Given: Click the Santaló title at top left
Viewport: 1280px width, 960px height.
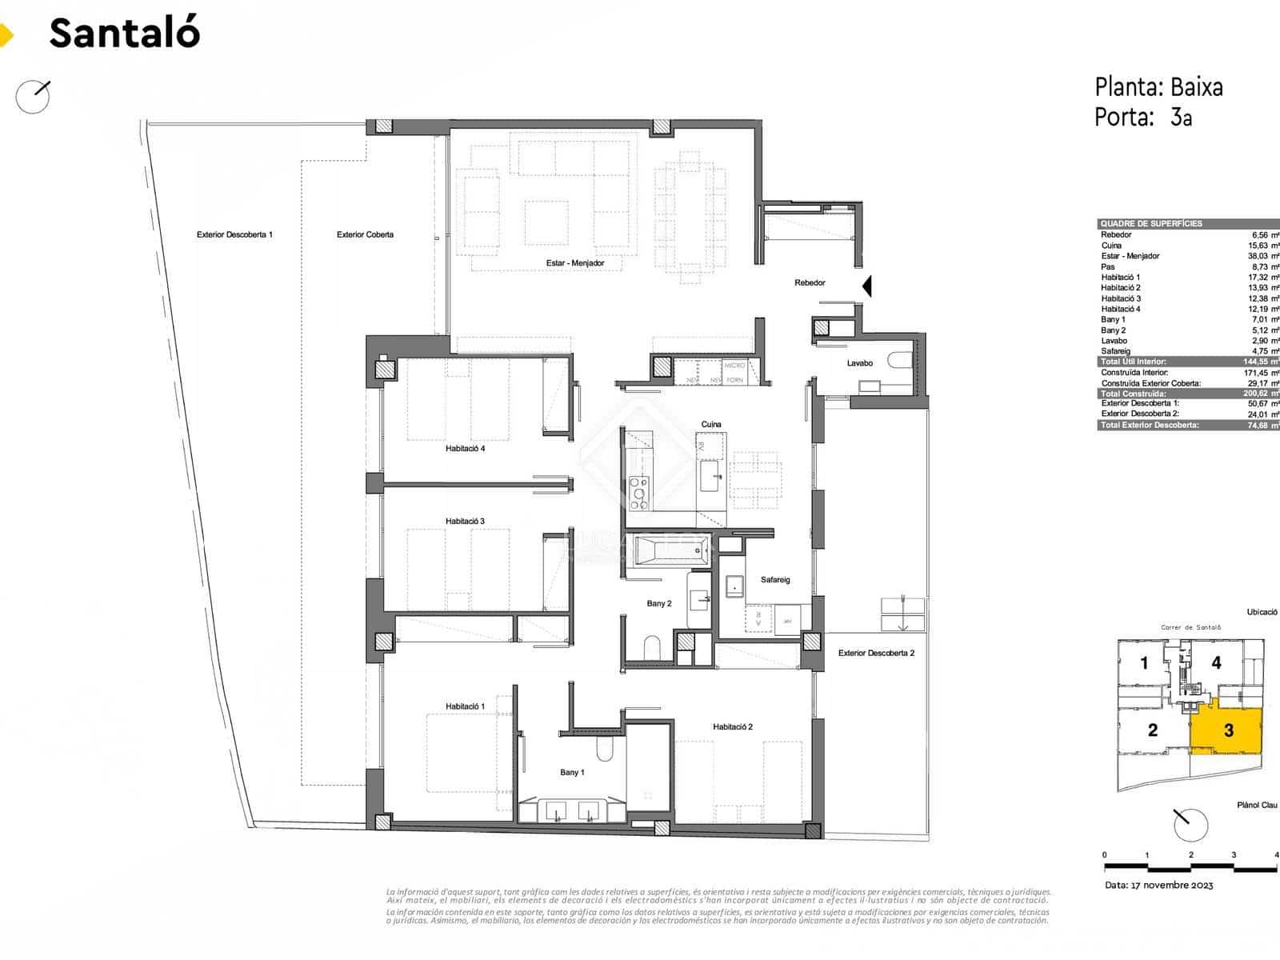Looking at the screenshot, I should [124, 33].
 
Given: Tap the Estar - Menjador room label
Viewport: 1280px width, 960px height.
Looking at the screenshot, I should [574, 263].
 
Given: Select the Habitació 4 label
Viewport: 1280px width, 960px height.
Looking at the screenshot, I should [465, 449].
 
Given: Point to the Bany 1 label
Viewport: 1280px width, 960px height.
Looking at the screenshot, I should [571, 773].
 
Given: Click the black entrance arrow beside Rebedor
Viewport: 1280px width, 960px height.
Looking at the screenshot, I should [866, 286].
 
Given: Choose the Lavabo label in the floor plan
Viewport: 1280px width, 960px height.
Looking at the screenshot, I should [860, 363].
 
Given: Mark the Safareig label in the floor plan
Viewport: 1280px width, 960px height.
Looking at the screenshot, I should [774, 580].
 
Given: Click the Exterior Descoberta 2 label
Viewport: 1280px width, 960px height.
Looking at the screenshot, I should [876, 654].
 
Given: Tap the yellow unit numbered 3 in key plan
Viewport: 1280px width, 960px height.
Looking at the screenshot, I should [1229, 730].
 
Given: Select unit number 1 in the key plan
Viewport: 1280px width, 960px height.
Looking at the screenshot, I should [1144, 663].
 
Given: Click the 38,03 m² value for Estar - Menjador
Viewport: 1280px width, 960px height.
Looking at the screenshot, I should [1262, 256].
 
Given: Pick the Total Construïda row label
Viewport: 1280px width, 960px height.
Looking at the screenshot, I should [1133, 394].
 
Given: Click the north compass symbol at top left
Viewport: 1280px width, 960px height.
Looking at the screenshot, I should [34, 96].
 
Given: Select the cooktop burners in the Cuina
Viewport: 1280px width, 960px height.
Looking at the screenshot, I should [639, 494].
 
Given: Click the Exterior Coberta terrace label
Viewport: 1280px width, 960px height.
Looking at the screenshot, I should [365, 235].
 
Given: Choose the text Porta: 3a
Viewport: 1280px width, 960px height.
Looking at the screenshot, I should [1143, 118].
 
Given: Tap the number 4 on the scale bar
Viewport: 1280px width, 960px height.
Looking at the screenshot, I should [1276, 855].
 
